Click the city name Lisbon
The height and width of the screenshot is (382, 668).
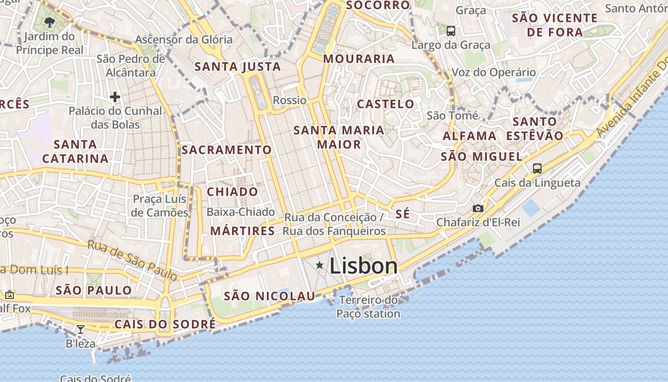tap(363, 266)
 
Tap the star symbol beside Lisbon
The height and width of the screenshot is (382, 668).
tap(320, 265)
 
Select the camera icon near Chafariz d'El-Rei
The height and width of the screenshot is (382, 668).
tap(478, 208)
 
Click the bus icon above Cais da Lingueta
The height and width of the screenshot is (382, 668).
tap(537, 168)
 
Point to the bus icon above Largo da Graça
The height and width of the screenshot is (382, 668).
tap(450, 31)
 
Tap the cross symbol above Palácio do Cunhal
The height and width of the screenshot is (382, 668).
tap(115, 97)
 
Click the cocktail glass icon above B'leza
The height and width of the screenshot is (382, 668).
tap(81, 329)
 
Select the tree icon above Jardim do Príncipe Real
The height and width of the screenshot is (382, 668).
tap(49, 22)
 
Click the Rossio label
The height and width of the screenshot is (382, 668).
tap(290, 100)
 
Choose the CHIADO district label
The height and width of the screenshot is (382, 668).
tap(232, 192)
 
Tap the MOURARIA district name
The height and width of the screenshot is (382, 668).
tap(359, 59)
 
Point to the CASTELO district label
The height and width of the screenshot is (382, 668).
tap(386, 104)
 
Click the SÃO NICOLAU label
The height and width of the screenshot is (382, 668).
tap(270, 296)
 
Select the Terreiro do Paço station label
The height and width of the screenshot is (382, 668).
tap(368, 307)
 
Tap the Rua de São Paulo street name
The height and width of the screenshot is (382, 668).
tap(132, 260)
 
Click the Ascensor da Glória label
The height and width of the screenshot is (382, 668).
tap(184, 40)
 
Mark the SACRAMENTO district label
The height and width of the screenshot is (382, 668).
tap(227, 150)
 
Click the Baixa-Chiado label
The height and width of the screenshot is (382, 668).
tap(241, 212)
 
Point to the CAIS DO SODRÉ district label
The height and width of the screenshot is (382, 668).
tap(165, 325)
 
